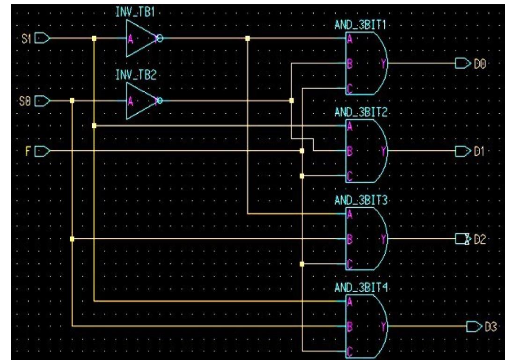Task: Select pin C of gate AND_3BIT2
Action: pyautogui.click(x=349, y=176)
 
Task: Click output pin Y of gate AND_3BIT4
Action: pyautogui.click(x=385, y=326)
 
